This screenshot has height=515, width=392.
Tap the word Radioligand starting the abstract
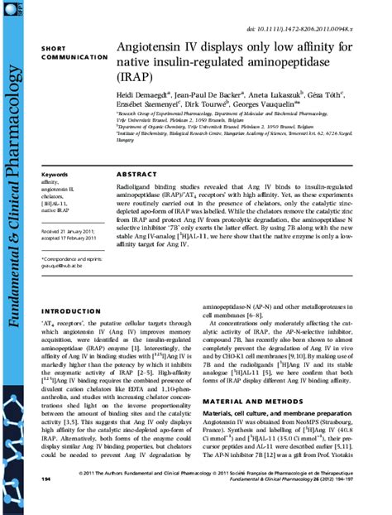(x=139, y=188)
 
